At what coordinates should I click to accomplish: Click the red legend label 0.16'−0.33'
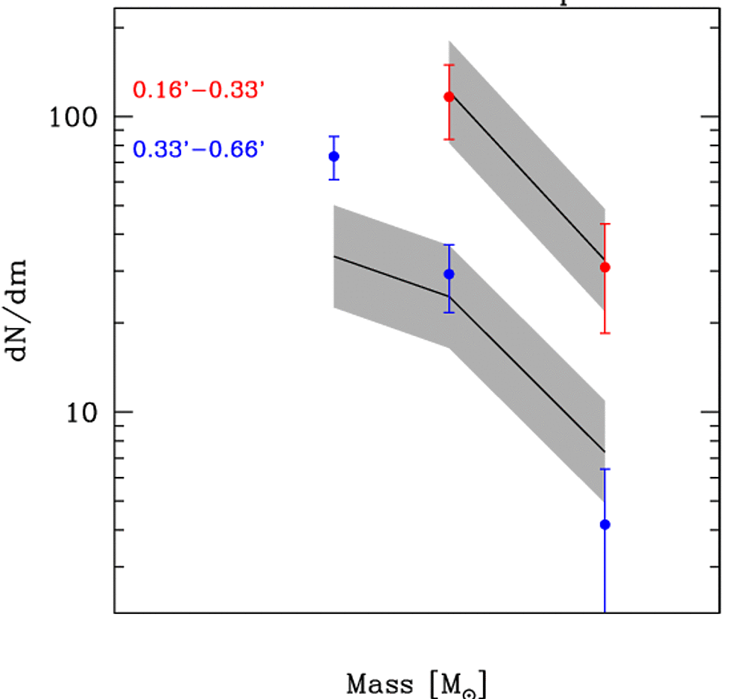point(199,90)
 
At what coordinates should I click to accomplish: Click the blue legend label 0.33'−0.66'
point(199,150)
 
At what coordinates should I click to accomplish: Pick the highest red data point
point(449,97)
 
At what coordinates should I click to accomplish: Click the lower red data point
point(605,267)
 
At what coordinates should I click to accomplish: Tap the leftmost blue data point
point(334,156)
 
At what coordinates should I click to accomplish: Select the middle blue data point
point(449,274)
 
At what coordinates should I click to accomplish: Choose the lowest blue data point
point(605,525)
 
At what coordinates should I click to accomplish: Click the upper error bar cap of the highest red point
point(449,65)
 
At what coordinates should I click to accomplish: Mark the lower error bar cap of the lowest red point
point(605,333)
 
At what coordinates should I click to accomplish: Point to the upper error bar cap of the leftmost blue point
point(334,136)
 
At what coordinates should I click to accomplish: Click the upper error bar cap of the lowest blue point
point(605,469)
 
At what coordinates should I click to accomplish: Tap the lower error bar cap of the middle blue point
point(449,312)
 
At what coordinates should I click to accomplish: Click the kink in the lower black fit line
point(449,297)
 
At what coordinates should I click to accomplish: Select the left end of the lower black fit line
point(334,256)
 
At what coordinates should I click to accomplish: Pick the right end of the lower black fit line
point(604,452)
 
